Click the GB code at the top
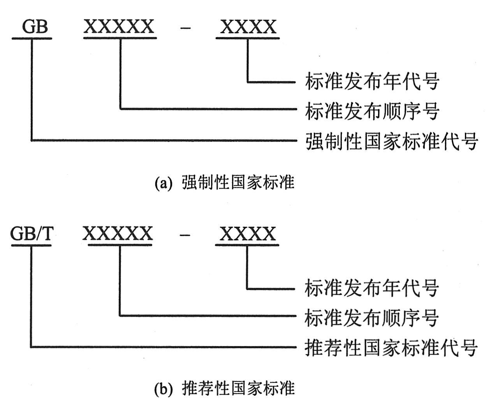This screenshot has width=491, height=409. pos(35,27)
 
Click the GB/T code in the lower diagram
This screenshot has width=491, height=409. pos(31,234)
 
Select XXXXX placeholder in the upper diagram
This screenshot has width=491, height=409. pos(119,27)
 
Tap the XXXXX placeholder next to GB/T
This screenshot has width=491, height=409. pos(118,234)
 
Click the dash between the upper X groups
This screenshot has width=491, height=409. pos(186,28)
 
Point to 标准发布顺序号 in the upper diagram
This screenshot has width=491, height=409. pos(372,111)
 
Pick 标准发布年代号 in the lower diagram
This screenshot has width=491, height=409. pos(371,288)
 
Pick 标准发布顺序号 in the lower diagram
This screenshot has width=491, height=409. pos(371,317)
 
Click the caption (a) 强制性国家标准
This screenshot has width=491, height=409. pos(224,183)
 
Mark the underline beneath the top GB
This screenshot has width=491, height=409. pos(32,38)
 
